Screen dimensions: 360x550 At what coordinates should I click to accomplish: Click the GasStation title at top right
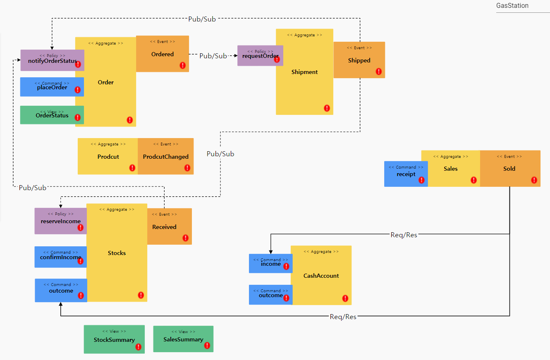[512, 6]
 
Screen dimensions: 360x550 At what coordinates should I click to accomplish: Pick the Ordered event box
[163, 54]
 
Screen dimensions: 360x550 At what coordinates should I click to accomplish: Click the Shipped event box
[359, 60]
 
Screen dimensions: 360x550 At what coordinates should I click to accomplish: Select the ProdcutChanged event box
[165, 156]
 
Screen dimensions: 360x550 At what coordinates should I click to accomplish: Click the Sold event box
[509, 168]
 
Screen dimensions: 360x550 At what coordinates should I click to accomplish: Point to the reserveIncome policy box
[60, 221]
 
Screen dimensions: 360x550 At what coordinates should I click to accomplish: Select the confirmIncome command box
[60, 257]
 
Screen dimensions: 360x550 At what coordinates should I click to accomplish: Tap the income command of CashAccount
[270, 264]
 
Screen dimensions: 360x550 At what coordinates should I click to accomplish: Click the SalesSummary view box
[183, 339]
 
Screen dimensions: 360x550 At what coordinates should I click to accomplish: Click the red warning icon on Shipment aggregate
[327, 108]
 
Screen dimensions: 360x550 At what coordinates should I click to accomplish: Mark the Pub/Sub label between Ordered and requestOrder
[213, 56]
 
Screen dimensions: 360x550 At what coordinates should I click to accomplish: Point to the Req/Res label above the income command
[404, 235]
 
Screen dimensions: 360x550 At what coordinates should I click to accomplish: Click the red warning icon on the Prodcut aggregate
[132, 168]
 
